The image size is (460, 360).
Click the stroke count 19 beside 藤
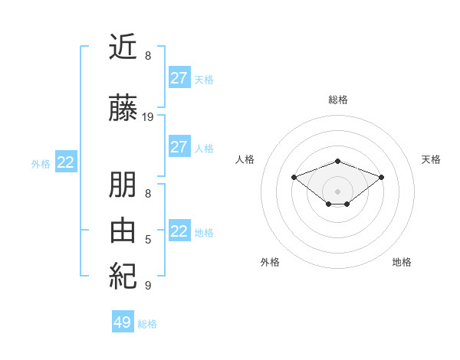148,117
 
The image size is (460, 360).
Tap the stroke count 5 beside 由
148,241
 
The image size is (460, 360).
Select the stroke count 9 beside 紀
148,286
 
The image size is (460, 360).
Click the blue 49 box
123,322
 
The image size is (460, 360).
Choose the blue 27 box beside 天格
179,78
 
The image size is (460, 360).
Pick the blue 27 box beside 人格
179,147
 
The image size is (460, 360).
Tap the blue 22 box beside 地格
179,231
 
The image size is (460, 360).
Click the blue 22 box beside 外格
65,162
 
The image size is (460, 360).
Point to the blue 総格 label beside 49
147,324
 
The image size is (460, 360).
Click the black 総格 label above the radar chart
338,100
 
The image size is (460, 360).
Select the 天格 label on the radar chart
432,159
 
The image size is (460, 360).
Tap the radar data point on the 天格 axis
382,177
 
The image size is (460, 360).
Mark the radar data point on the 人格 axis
294,177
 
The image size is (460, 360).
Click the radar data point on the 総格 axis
338,161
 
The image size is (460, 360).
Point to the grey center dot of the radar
338,191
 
